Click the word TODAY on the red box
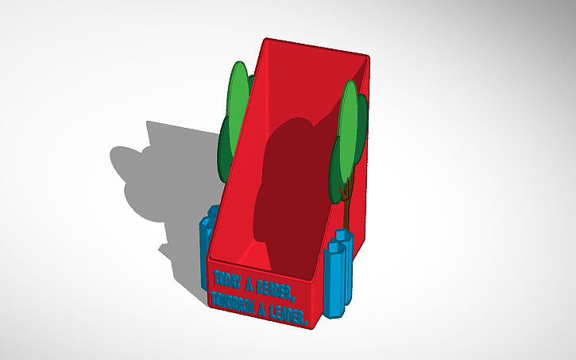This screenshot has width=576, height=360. [x=229, y=281]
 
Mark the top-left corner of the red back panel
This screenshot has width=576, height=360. [x=267, y=39]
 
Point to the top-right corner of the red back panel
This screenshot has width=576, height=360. [x=369, y=56]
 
